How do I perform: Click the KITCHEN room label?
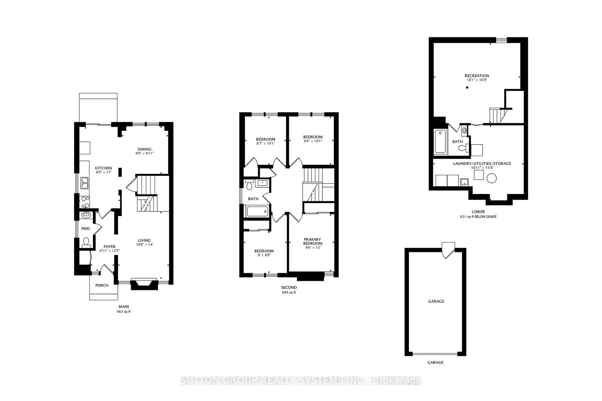click(x=103, y=168)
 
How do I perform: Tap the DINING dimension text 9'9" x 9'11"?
click(x=144, y=154)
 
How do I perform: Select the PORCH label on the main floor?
click(x=102, y=285)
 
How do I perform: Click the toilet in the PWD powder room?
click(x=86, y=242)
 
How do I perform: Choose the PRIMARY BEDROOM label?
click(x=312, y=241)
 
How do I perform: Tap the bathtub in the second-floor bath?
click(x=257, y=211)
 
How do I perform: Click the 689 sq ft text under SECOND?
click(x=289, y=292)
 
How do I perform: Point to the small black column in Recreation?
click(x=467, y=87)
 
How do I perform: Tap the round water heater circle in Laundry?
click(x=491, y=178)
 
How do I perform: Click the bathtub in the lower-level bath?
click(x=440, y=141)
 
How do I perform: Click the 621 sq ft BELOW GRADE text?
click(x=478, y=217)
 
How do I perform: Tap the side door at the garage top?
click(x=448, y=250)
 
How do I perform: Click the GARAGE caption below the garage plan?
click(x=435, y=362)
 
